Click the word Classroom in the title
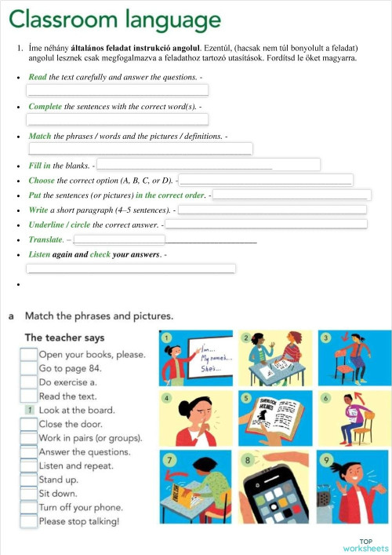tap(59, 19)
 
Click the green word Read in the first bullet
tap(38, 77)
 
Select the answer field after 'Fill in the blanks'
tap(209, 165)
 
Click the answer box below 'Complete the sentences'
tap(118, 119)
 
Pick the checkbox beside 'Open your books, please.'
tap(29, 355)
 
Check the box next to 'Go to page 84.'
tap(29, 368)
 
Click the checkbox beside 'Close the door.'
tap(29, 424)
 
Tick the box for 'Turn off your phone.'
tap(29, 507)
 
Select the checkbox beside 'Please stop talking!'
tap(29, 521)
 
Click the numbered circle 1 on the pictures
tap(167, 338)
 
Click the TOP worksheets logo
tap(365, 544)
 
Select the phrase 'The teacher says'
tap(64, 338)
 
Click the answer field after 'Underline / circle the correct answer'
tap(266, 225)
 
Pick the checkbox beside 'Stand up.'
tap(29, 480)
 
